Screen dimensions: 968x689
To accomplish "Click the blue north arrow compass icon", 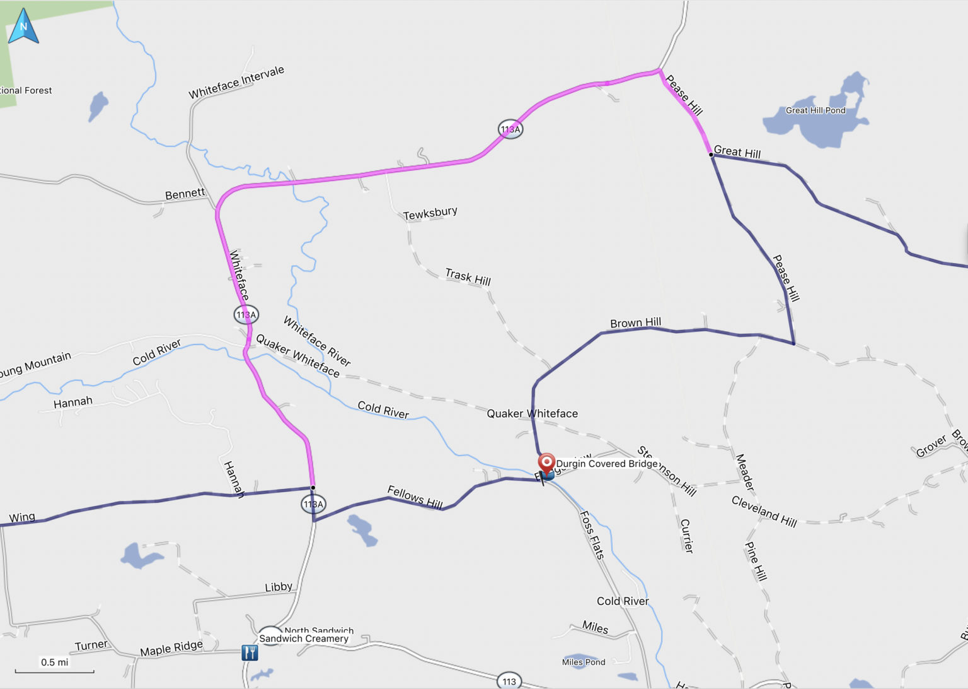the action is pyautogui.click(x=23, y=26).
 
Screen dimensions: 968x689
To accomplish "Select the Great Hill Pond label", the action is pyautogui.click(x=815, y=110).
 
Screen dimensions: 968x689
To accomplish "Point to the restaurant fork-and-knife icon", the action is pyautogui.click(x=250, y=652).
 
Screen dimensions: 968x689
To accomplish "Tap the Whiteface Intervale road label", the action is pyautogui.click(x=236, y=83).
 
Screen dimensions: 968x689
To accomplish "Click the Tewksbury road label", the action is pyautogui.click(x=430, y=213).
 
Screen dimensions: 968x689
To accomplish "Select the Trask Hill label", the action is pyautogui.click(x=468, y=277).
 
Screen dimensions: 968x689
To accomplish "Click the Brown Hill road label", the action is pyautogui.click(x=635, y=323).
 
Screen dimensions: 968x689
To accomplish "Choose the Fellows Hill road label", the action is pyautogui.click(x=415, y=497).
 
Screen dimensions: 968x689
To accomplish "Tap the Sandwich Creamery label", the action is pyautogui.click(x=304, y=639).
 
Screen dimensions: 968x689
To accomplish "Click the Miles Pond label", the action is pyautogui.click(x=584, y=662).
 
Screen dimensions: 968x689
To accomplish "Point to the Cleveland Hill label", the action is pyautogui.click(x=764, y=511).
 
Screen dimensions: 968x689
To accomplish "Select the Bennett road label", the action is pyautogui.click(x=185, y=194).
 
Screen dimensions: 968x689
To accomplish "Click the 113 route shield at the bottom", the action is pyautogui.click(x=509, y=681).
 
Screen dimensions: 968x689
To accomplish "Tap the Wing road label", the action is pyautogui.click(x=22, y=517).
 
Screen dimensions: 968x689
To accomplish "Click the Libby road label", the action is pyautogui.click(x=279, y=587).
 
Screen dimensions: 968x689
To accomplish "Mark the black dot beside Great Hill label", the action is pyautogui.click(x=711, y=155).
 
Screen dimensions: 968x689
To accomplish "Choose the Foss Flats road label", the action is pyautogui.click(x=592, y=535).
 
